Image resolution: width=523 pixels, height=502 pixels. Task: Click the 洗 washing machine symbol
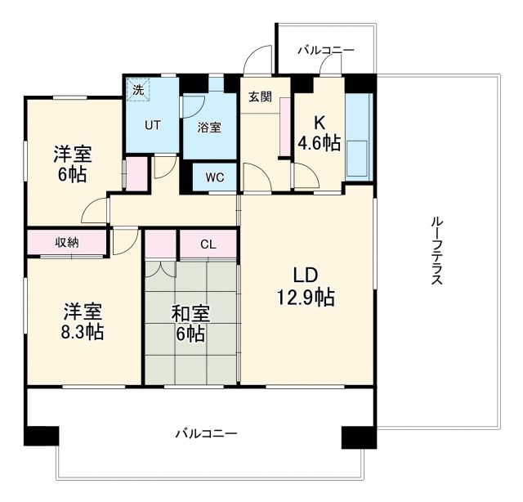(137, 89)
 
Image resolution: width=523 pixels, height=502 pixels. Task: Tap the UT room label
(153, 125)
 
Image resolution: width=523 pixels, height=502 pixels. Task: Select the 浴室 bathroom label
(208, 127)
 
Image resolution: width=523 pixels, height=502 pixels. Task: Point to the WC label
(214, 177)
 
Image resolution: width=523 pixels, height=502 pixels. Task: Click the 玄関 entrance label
(260, 96)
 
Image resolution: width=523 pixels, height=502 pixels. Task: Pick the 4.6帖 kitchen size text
(319, 144)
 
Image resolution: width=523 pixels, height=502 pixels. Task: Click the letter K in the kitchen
(320, 123)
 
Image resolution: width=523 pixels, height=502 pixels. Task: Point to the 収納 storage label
(67, 242)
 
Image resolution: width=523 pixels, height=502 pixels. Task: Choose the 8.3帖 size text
(83, 332)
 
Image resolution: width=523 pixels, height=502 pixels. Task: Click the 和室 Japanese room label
(190, 313)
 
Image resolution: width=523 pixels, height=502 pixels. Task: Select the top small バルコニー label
(326, 50)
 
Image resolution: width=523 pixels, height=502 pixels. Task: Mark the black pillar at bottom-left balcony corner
(41, 436)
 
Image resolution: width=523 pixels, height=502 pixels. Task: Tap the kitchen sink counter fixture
(358, 136)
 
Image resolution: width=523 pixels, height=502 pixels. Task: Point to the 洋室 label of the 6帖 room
(73, 153)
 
